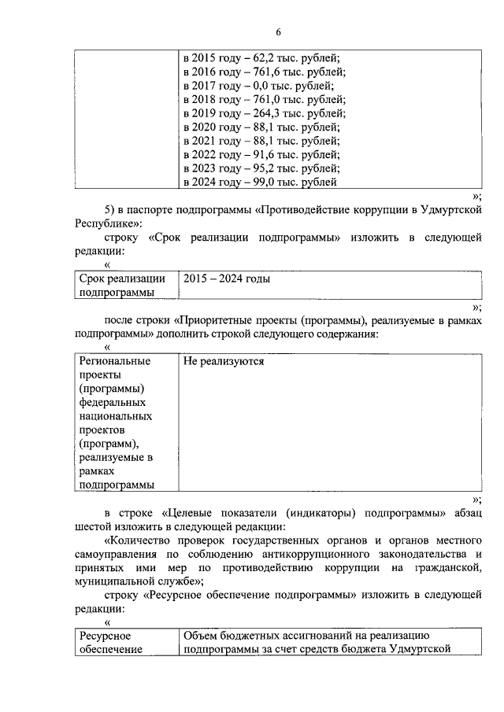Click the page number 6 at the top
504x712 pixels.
pyautogui.click(x=278, y=31)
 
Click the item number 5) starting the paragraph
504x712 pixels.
pyautogui.click(x=110, y=210)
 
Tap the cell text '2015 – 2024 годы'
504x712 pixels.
pyautogui.click(x=227, y=279)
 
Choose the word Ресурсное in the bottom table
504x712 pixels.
pyautogui.click(x=104, y=636)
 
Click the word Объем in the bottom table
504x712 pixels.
pyautogui.click(x=200, y=636)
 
